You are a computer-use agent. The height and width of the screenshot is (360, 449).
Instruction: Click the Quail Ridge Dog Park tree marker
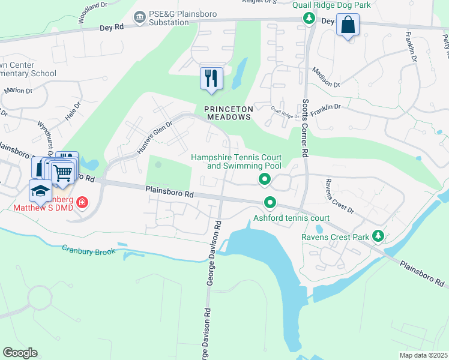pyautogui.click(x=310, y=19)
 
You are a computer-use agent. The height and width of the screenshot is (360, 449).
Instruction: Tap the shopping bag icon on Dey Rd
pyautogui.click(x=348, y=25)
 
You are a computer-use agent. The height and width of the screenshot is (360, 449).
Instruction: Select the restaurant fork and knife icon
pyautogui.click(x=211, y=78)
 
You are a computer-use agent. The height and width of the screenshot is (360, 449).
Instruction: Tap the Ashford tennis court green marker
pyautogui.click(x=271, y=204)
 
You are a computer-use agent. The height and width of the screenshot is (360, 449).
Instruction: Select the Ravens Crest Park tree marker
pyautogui.click(x=378, y=236)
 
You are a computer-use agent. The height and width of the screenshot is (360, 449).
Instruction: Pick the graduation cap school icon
pyautogui.click(x=40, y=191)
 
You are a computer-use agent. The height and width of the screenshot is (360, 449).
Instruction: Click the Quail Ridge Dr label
pyautogui.click(x=285, y=112)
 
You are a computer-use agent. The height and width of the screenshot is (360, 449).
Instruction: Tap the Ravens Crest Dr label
pyautogui.click(x=340, y=196)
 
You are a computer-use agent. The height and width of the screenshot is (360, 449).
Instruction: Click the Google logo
pyautogui.click(x=20, y=353)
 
